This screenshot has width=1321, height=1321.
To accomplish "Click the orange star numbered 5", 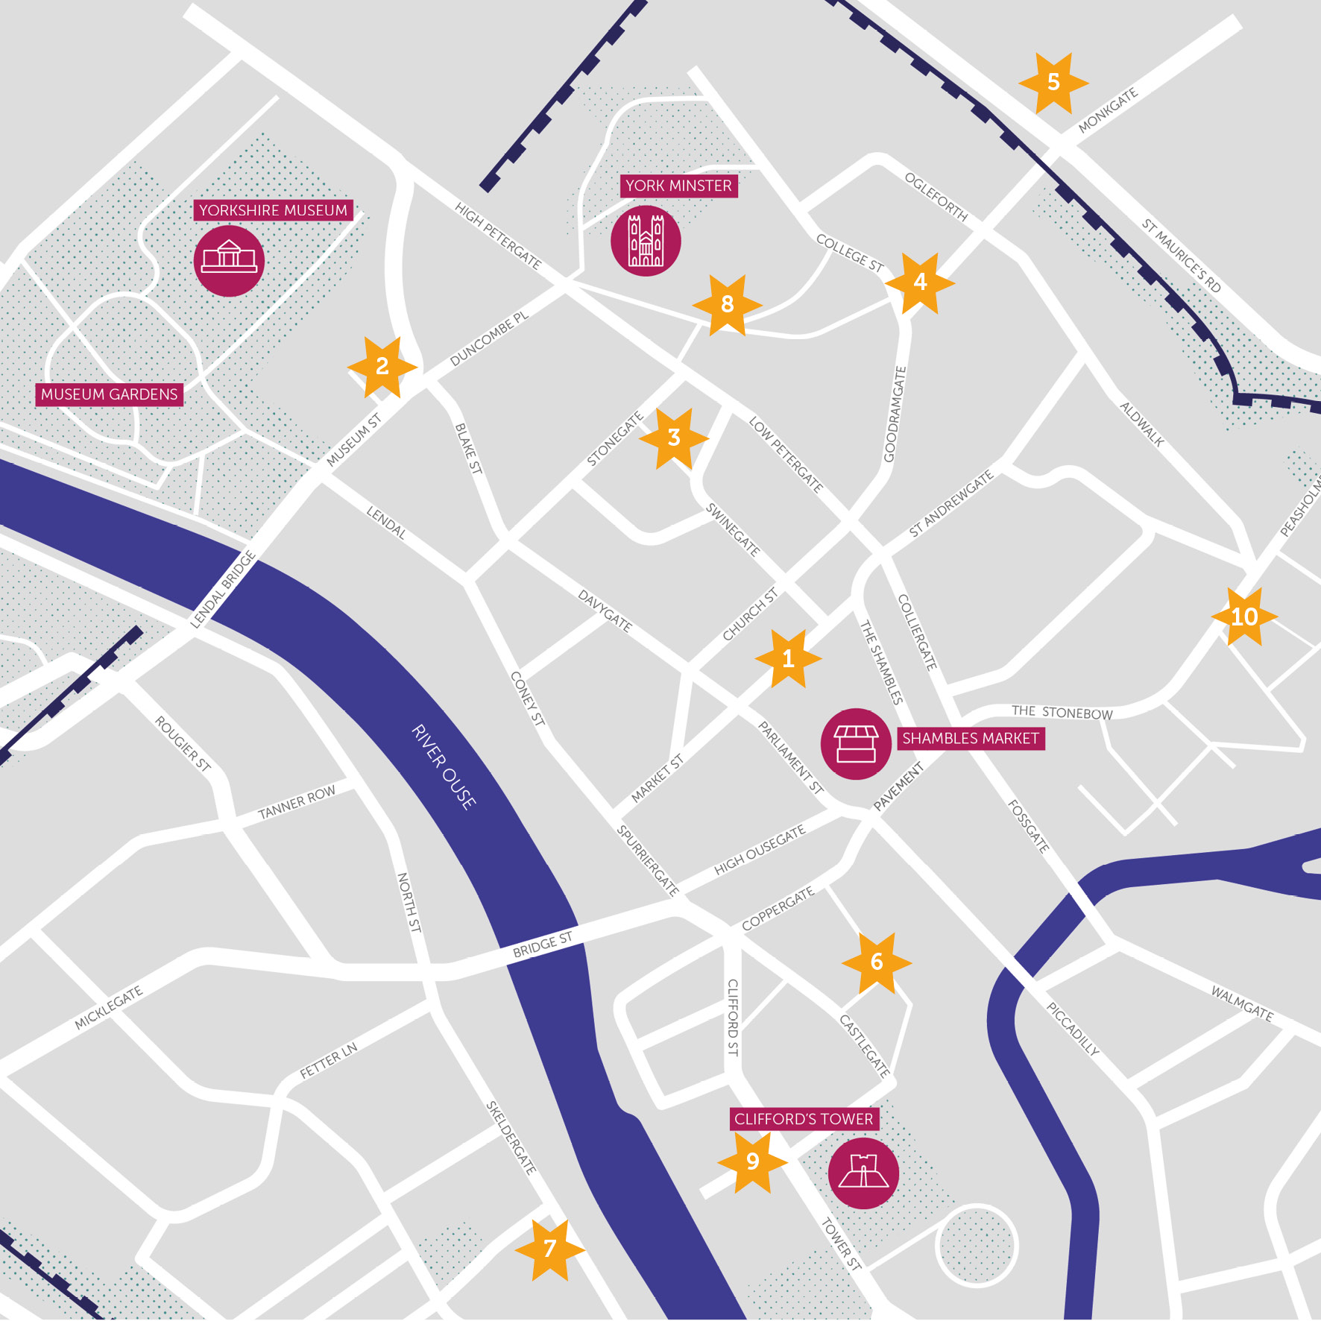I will (x=1053, y=83).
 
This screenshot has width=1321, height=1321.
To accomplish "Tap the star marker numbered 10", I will (x=1244, y=617).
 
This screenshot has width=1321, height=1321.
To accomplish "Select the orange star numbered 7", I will (x=550, y=1249).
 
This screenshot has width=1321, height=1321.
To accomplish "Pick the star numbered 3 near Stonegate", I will (x=674, y=438).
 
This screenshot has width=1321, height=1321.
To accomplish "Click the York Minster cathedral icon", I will (x=646, y=241).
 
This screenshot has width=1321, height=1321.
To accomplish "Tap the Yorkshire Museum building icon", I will (x=229, y=260).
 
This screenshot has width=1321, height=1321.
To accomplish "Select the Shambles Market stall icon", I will (x=856, y=743).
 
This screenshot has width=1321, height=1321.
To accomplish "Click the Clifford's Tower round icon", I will (x=863, y=1173).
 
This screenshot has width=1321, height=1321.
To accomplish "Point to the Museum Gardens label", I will (x=110, y=394).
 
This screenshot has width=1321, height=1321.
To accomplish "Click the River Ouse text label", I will (x=444, y=767).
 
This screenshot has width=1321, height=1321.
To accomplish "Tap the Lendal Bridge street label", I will (x=224, y=589).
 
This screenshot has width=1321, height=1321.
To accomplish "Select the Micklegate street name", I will (x=109, y=1008).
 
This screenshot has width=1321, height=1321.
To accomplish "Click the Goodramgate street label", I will (x=895, y=414).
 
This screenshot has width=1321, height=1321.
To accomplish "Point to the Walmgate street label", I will (x=1242, y=1003).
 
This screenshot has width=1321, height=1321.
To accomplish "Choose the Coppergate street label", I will (x=778, y=909).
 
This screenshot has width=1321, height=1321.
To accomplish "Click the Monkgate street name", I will (x=1108, y=110).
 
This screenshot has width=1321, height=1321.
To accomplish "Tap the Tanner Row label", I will (x=297, y=802).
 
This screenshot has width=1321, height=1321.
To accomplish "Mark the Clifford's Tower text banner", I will (x=803, y=1119).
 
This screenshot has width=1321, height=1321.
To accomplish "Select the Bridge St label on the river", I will (x=543, y=945).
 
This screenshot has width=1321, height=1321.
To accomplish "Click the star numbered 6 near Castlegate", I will (x=877, y=962).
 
